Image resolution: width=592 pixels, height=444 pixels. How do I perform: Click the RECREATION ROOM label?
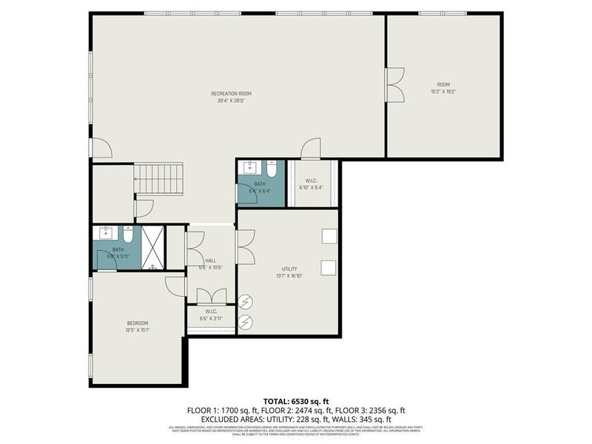231,93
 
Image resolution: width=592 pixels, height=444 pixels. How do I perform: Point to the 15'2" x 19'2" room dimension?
443,92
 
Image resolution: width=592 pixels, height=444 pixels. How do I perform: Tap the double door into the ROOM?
395,84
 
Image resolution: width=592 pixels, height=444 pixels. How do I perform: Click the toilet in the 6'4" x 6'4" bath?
272,169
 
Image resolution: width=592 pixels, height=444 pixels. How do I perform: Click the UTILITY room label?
289,269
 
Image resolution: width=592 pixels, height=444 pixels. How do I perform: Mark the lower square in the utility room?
329,267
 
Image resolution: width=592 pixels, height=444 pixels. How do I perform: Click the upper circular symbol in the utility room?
246,302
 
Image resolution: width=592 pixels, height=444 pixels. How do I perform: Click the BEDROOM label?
137,323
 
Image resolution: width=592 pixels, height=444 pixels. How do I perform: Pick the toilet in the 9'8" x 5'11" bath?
127,236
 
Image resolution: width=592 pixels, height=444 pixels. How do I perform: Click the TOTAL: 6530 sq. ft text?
296,400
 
